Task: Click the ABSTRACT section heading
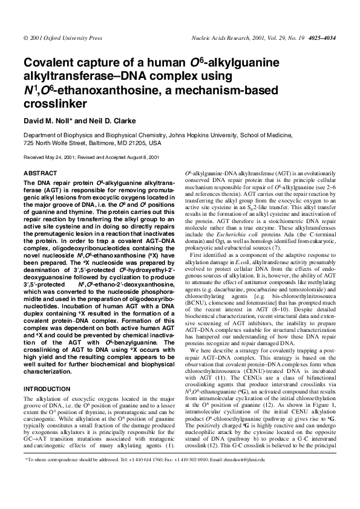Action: click(40, 173)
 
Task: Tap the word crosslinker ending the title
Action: click(50, 103)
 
